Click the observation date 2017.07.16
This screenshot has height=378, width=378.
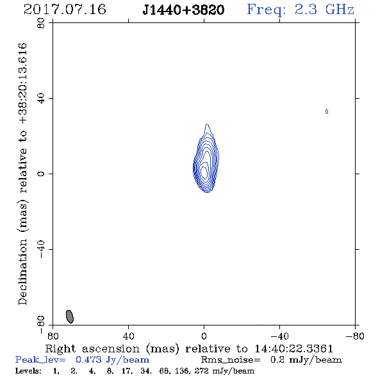(x=65, y=10)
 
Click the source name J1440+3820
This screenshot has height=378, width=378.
(x=183, y=10)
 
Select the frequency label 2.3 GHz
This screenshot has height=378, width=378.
(x=324, y=10)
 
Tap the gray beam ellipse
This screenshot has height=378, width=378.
(x=70, y=316)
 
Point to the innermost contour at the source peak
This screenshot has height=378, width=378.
(x=204, y=173)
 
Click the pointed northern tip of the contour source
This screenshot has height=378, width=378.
(x=207, y=124)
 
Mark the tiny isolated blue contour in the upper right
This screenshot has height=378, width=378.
(x=327, y=111)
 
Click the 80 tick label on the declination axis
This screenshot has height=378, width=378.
(x=41, y=24)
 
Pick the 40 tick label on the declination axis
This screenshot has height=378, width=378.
(x=41, y=99)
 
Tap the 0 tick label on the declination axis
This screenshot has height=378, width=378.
(x=41, y=174)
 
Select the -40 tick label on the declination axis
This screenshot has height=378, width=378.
(x=41, y=249)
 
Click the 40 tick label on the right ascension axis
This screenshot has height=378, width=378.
(x=128, y=336)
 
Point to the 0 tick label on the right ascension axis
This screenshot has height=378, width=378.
(x=204, y=336)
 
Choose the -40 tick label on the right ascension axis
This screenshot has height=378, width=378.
(x=279, y=336)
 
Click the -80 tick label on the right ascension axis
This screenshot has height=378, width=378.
(x=355, y=336)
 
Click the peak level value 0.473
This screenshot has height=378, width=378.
(x=88, y=359)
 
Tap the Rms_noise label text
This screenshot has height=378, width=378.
(x=231, y=360)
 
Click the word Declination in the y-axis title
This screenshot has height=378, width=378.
(x=22, y=272)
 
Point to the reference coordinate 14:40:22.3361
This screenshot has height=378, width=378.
(x=294, y=349)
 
